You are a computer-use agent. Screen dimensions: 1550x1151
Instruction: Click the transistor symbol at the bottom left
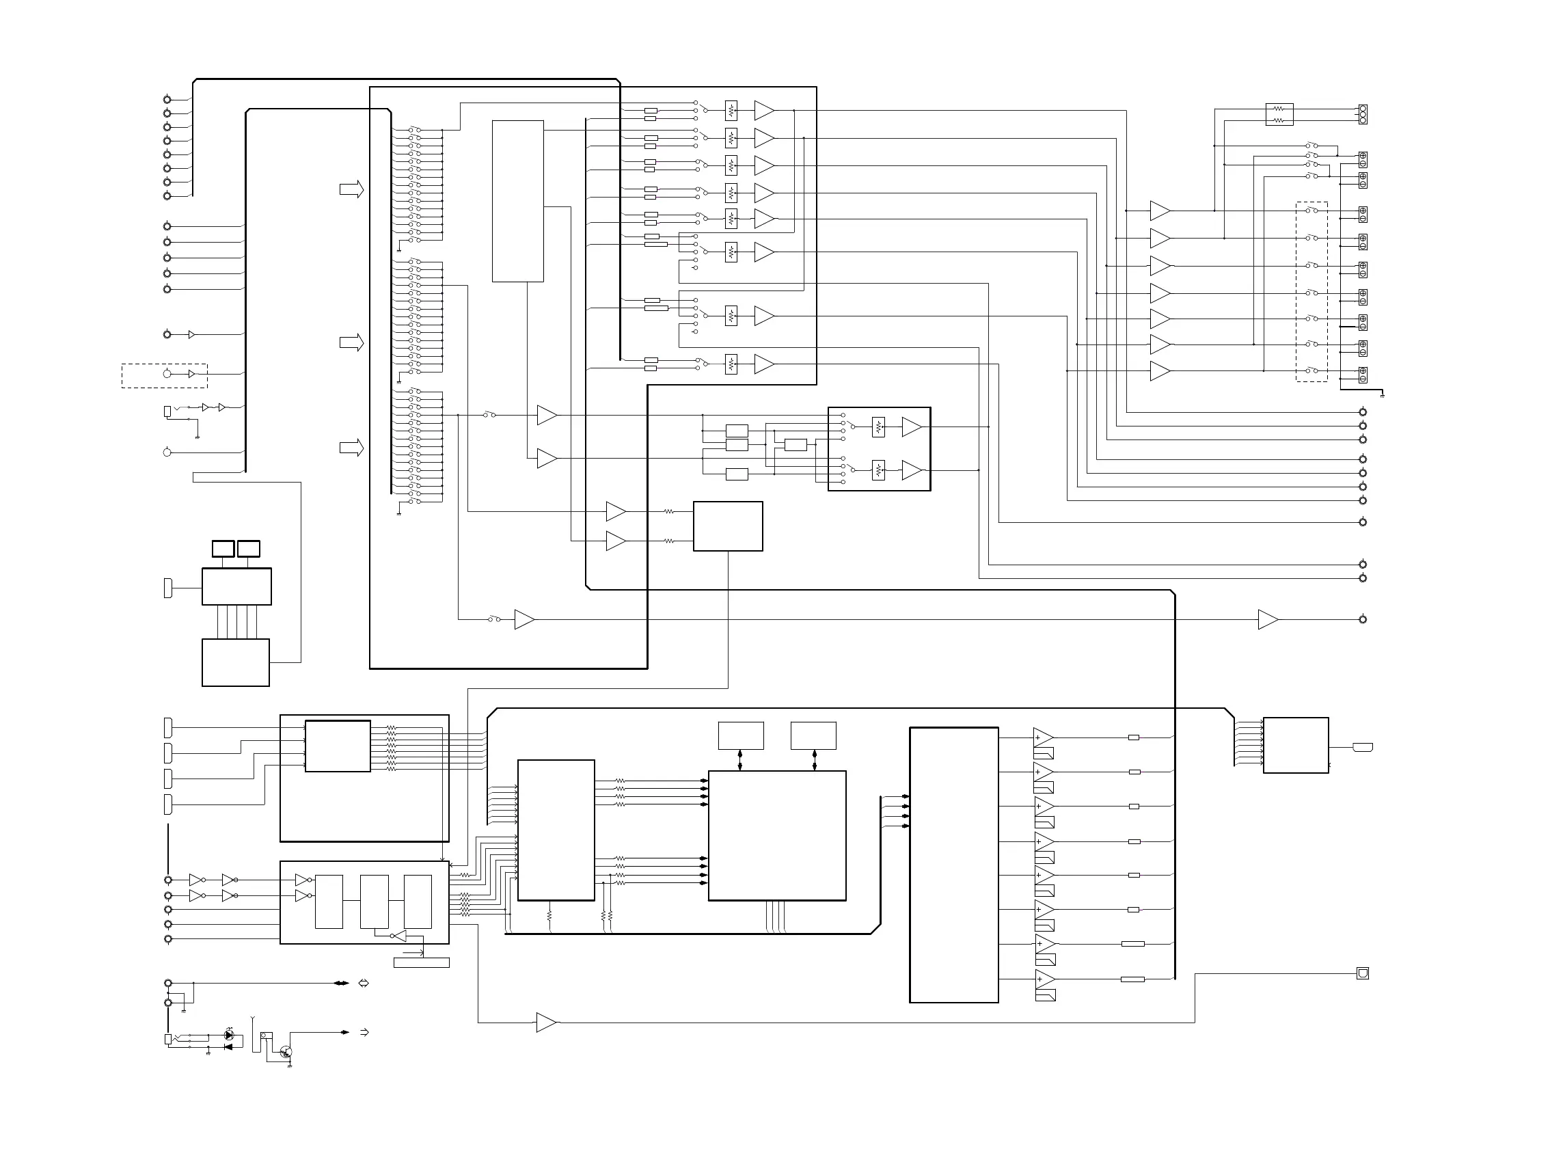click(x=286, y=1052)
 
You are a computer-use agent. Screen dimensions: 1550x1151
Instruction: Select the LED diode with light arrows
click(x=229, y=1035)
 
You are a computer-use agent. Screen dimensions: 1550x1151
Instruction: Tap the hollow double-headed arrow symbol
click(x=363, y=983)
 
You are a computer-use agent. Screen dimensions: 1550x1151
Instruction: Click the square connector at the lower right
click(x=1363, y=973)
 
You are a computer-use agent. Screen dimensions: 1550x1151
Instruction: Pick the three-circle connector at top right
click(x=1363, y=114)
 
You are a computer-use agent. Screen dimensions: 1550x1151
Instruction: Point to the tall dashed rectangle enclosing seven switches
click(x=1311, y=291)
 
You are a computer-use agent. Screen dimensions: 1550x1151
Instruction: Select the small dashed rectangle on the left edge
click(x=165, y=375)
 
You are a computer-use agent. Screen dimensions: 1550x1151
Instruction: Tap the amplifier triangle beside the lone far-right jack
click(x=1267, y=619)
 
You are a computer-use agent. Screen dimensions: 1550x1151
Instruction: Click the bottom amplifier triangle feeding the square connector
click(x=545, y=1023)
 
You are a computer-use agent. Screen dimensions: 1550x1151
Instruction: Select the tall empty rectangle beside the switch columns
click(x=517, y=201)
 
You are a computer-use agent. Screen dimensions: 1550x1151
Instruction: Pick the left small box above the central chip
click(x=741, y=735)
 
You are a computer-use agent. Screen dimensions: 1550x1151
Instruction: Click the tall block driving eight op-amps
click(x=953, y=865)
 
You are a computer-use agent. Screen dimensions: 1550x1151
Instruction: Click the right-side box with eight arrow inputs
click(x=1296, y=745)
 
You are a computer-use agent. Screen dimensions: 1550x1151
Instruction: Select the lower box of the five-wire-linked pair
click(x=236, y=662)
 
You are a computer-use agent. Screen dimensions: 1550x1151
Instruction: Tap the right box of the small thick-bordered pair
click(x=249, y=548)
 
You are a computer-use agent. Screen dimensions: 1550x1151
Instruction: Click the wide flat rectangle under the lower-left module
click(x=422, y=962)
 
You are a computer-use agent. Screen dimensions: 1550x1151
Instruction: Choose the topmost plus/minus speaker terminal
click(x=1363, y=159)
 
